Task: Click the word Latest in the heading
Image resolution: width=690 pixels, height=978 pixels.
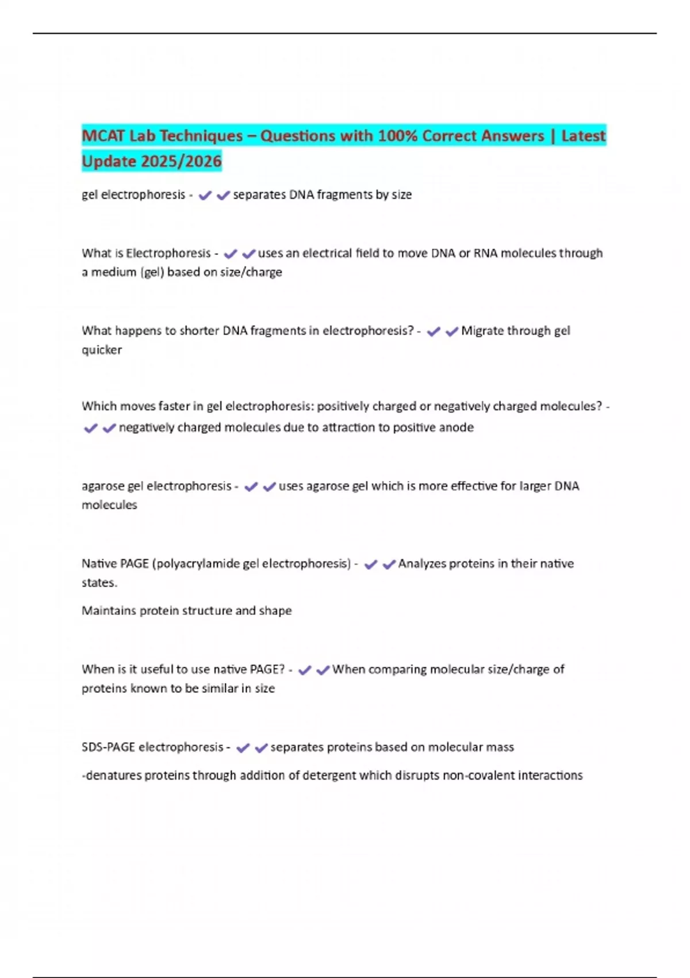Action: pyautogui.click(x=583, y=136)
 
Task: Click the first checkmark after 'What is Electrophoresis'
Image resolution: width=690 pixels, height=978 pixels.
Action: pyautogui.click(x=230, y=254)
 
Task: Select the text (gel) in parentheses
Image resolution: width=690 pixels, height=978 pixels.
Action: pyautogui.click(x=152, y=272)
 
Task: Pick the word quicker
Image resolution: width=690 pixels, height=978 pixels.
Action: pyautogui.click(x=102, y=350)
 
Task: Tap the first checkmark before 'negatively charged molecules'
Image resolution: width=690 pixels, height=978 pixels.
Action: pyautogui.click(x=90, y=428)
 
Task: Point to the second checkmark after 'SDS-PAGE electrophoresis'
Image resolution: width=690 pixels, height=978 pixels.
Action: pyautogui.click(x=261, y=748)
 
